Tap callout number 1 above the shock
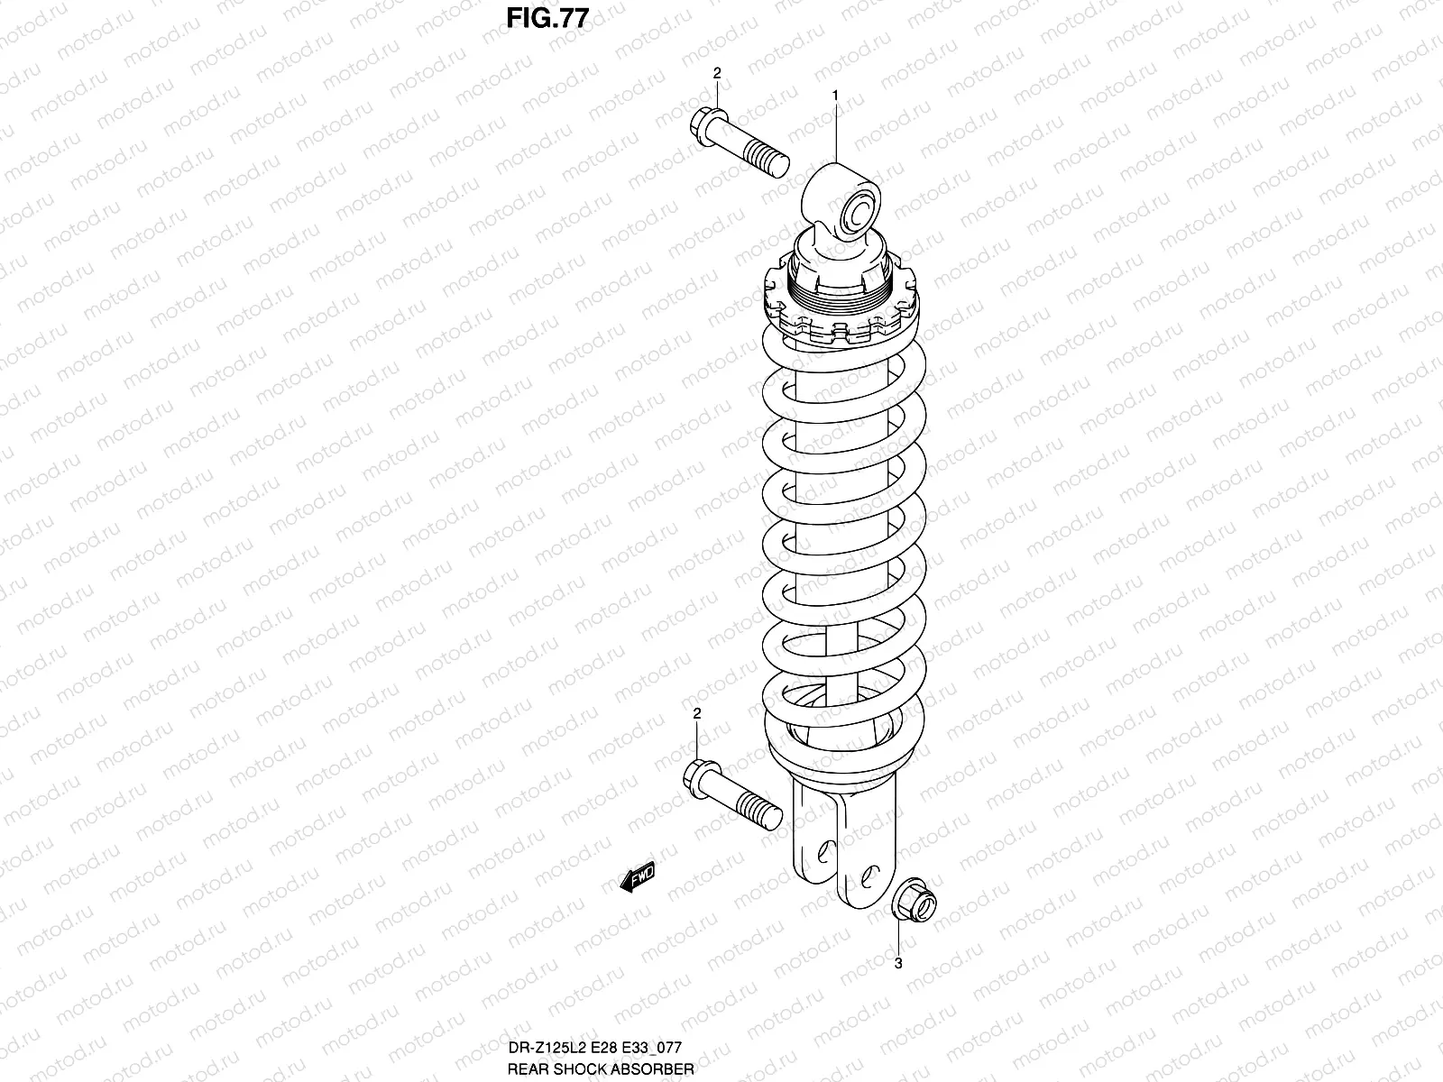[836, 95]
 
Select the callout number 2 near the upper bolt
[717, 73]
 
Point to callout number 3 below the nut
[897, 963]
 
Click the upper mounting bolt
[741, 144]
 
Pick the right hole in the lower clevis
[867, 873]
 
